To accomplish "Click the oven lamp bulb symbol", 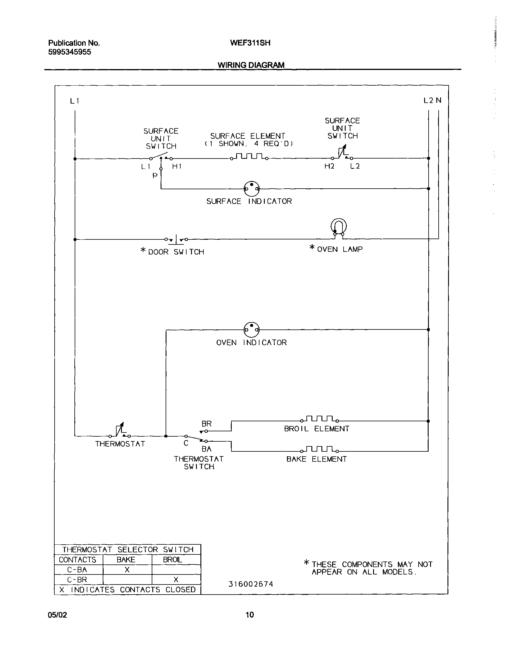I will click(339, 227).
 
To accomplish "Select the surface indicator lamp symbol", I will click(251, 188).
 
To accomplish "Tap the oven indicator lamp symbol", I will click(251, 329).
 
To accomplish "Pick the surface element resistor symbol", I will click(249, 157).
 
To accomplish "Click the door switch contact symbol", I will click(176, 239).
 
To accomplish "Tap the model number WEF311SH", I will click(250, 43).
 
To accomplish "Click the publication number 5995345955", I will click(70, 52).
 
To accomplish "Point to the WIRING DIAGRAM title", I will click(251, 65).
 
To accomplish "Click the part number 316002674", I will click(250, 584).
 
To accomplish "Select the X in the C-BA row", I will click(127, 570).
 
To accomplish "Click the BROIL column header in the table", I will click(172, 560).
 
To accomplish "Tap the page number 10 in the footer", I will click(249, 615).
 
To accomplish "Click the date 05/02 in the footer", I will click(57, 615).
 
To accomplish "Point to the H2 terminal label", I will click(329, 166).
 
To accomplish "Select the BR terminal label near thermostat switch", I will click(206, 423).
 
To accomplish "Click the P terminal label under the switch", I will click(155, 176).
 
